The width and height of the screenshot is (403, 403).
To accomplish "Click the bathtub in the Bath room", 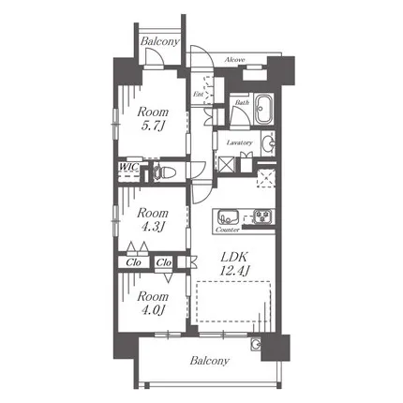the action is pos(264,110).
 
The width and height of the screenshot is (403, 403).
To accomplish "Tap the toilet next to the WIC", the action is pos(164,172).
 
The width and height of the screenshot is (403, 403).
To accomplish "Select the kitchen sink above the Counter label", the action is pos(229,216).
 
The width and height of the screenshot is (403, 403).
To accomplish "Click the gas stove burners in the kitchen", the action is pos(262,216).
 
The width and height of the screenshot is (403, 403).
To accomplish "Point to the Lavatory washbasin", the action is pos(268,144).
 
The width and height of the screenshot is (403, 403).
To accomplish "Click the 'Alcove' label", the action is pos(234,59).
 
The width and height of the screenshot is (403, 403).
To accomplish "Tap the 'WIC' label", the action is pos(128,167).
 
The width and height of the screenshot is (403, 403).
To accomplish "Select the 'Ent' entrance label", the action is pos(198,94).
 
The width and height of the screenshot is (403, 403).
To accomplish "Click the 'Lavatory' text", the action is pos(239,142).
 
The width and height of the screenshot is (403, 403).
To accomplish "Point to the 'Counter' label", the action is pos(227,230).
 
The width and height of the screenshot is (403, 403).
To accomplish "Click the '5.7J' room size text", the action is pos(153,126).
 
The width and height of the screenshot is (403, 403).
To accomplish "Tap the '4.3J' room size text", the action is pos(153,227).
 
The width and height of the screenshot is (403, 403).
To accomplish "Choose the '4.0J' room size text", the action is pos(153,309).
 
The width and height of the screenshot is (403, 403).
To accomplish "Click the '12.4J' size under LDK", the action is pos(234,271).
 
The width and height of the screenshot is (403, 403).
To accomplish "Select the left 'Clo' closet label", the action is pos(133,262).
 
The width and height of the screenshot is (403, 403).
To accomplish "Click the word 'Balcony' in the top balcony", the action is pos(160,41).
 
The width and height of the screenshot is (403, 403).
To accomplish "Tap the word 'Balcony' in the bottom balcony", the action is pos(209,361).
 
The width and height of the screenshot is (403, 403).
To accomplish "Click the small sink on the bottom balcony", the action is pos(255,344).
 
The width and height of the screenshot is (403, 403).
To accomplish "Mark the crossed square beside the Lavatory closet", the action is pos(226,164).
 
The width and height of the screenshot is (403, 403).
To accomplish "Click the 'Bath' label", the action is pos(242,102).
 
